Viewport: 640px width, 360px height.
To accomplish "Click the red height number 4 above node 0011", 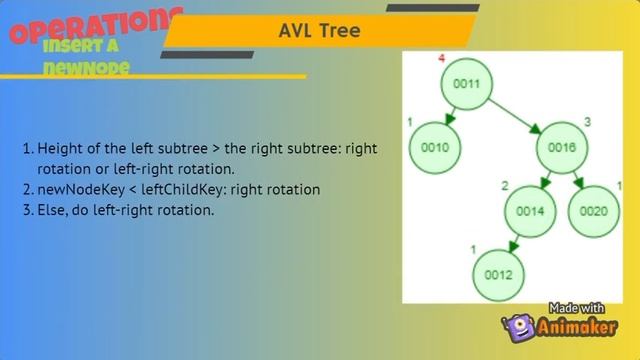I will click(x=441, y=59).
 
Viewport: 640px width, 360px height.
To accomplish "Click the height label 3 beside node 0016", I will click(x=588, y=122).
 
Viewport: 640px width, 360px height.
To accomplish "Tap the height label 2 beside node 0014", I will click(x=504, y=186).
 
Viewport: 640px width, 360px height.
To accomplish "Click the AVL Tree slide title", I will click(x=319, y=32).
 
